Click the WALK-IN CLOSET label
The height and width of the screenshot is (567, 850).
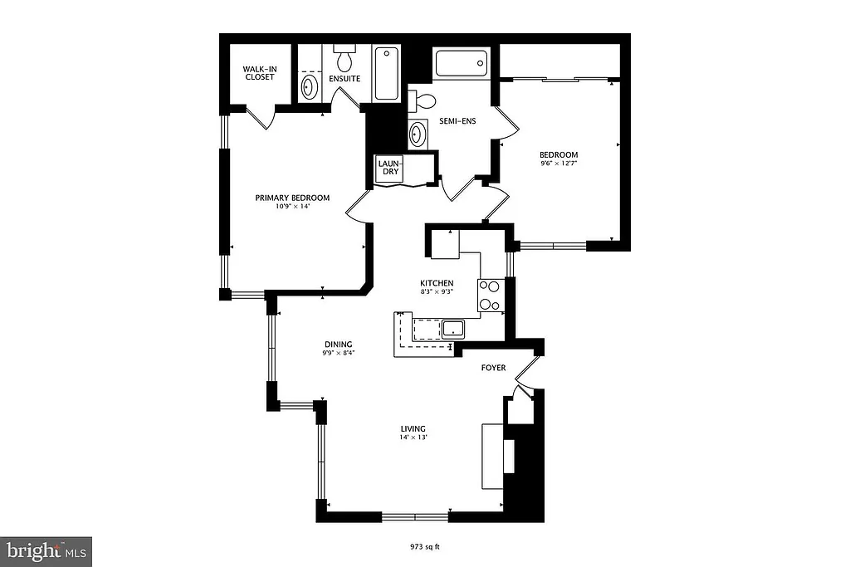pyautogui.click(x=258, y=73)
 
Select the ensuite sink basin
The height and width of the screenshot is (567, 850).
pyautogui.click(x=309, y=86)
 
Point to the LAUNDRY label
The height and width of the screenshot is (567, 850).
pyautogui.click(x=389, y=168)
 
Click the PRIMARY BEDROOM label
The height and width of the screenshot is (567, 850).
pyautogui.click(x=292, y=198)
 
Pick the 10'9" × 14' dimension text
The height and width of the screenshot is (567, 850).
pyautogui.click(x=292, y=207)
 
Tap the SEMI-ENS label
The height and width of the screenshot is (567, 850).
pyautogui.click(x=457, y=120)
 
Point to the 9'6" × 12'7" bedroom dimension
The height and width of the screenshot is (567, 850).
pyautogui.click(x=559, y=164)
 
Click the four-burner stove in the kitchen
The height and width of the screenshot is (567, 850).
pyautogui.click(x=490, y=295)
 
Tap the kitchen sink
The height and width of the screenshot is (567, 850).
pyautogui.click(x=454, y=327)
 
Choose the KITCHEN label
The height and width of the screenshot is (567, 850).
pyautogui.click(x=436, y=283)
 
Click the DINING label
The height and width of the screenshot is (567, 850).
pyautogui.click(x=338, y=345)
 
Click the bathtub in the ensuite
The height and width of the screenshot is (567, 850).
pyautogui.click(x=386, y=74)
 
